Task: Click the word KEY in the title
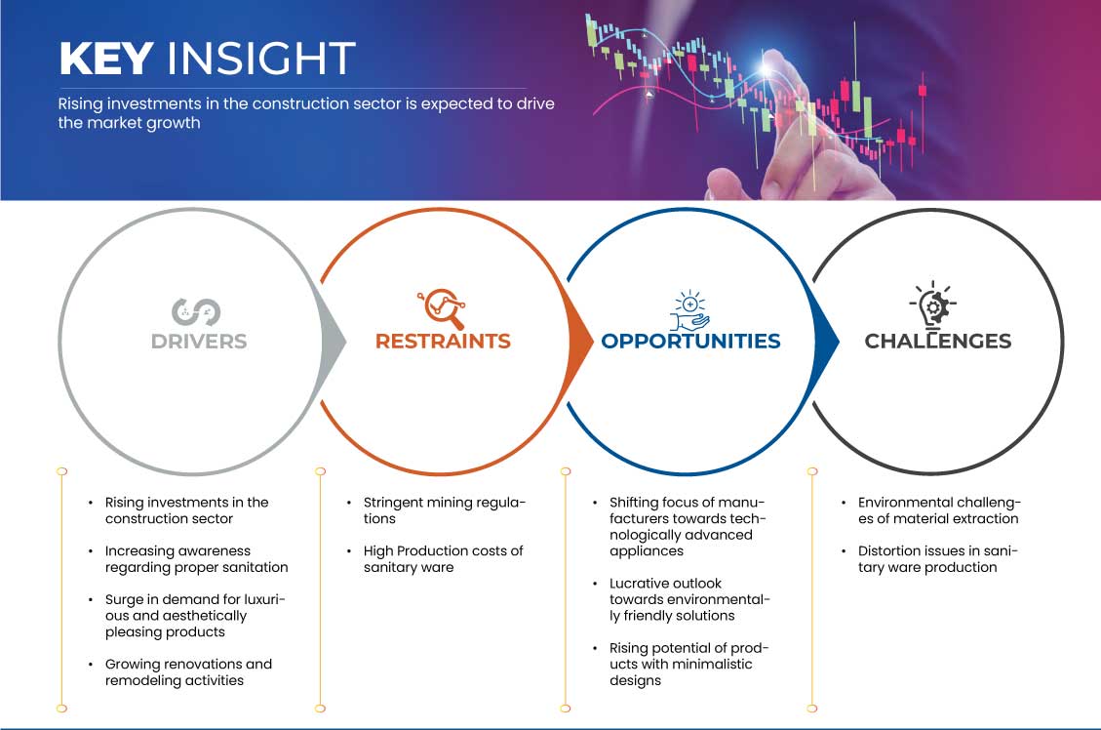click(106, 58)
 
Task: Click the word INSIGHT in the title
click(261, 58)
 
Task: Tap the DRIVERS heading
click(199, 342)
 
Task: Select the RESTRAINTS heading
click(443, 341)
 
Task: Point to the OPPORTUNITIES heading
click(691, 341)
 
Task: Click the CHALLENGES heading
click(937, 341)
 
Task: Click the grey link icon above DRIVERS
click(196, 312)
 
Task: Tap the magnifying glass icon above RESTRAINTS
click(443, 308)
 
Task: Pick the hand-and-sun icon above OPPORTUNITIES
click(689, 309)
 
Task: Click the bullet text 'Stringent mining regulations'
click(445, 510)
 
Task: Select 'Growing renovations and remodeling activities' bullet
click(188, 672)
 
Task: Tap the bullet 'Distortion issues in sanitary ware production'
click(938, 559)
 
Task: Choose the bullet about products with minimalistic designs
click(688, 664)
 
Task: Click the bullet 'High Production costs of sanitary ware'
click(443, 559)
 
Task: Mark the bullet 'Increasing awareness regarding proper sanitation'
click(197, 559)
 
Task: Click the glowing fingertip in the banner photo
click(767, 68)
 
